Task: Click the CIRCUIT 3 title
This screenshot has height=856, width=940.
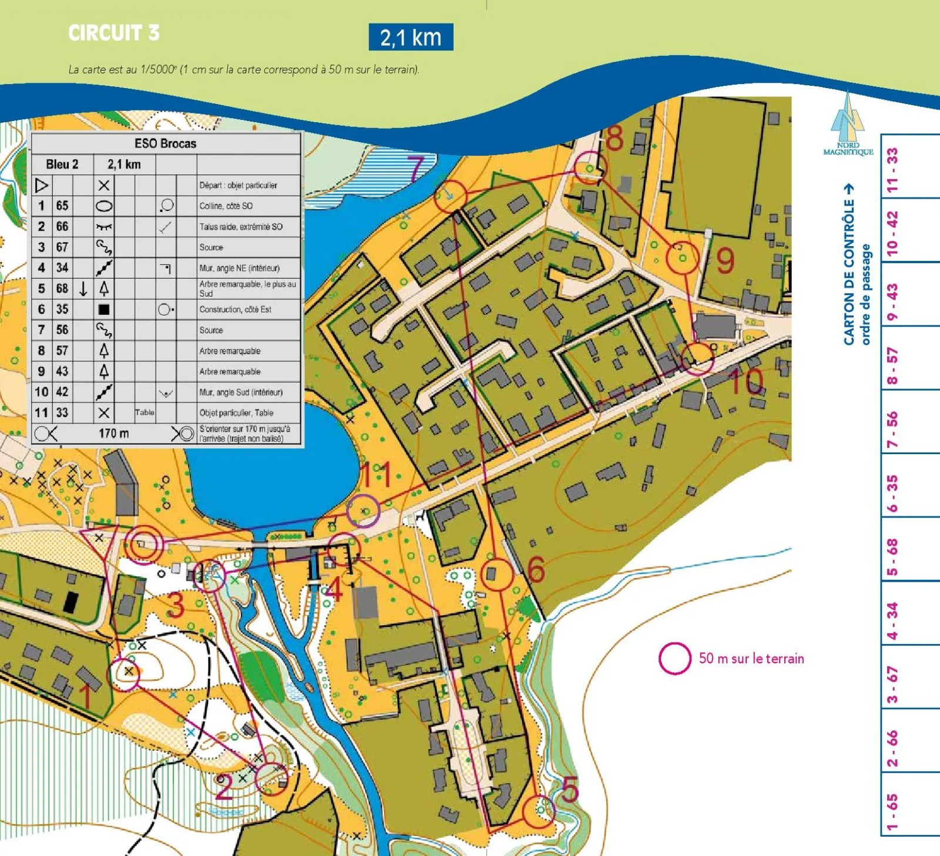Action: pyautogui.click(x=113, y=33)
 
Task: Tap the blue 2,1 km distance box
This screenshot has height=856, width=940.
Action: pyautogui.click(x=411, y=37)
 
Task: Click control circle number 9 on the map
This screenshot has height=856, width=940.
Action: pyautogui.click(x=682, y=257)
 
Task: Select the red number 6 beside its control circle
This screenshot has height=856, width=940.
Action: pyautogui.click(x=535, y=569)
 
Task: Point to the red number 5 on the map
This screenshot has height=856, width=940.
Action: pyautogui.click(x=570, y=789)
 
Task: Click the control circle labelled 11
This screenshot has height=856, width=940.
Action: pyautogui.click(x=362, y=511)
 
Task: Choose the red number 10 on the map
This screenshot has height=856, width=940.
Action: pyautogui.click(x=746, y=381)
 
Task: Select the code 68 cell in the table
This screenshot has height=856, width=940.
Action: pyautogui.click(x=62, y=288)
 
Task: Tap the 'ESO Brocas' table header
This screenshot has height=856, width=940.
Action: pyautogui.click(x=166, y=143)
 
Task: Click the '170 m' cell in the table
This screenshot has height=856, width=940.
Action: pyautogui.click(x=113, y=434)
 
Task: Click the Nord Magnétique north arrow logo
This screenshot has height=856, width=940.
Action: pyautogui.click(x=848, y=123)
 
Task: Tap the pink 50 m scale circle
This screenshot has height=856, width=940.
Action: pyautogui.click(x=674, y=658)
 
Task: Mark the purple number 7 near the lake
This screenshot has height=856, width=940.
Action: pyautogui.click(x=416, y=169)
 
